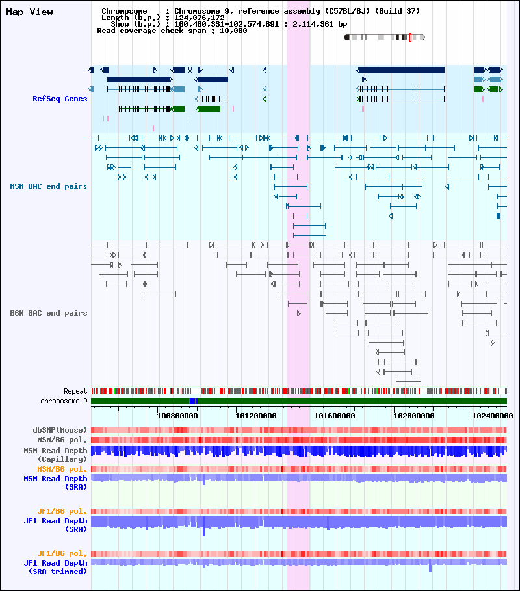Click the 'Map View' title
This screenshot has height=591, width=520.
(x=29, y=12)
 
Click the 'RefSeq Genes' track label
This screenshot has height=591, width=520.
(x=60, y=99)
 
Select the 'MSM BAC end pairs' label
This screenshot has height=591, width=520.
(x=48, y=186)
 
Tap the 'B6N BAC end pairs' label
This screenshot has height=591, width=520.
(x=48, y=313)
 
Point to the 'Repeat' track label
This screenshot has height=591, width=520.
(x=75, y=391)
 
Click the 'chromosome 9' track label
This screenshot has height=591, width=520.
(x=64, y=401)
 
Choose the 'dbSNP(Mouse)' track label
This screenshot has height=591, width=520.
(x=60, y=430)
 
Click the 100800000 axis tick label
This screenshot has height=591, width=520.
(x=177, y=416)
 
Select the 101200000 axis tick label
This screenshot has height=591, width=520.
(x=256, y=416)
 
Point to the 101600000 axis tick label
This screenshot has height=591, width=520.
(x=335, y=416)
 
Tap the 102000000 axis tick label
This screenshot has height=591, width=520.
(x=413, y=416)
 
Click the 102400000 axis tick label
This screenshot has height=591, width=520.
(x=493, y=416)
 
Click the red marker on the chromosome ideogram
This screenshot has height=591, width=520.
(x=410, y=37)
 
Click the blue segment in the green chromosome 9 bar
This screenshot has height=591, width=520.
(x=194, y=401)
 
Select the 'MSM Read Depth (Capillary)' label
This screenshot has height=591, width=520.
(x=55, y=455)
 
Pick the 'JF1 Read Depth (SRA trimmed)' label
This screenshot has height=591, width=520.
(x=55, y=567)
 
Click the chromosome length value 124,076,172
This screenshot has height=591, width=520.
(x=200, y=18)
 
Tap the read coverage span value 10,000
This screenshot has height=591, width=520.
(x=233, y=31)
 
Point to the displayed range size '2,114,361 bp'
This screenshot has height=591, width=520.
(x=320, y=24)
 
